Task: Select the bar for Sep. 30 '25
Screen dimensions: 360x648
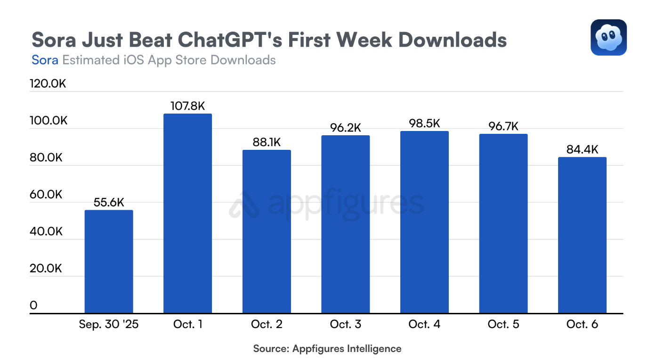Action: (x=109, y=262)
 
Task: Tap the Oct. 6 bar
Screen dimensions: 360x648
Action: (x=582, y=235)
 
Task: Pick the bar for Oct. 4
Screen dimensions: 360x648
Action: (x=424, y=222)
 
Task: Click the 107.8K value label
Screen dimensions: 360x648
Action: (x=187, y=106)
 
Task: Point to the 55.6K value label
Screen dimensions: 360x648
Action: (x=109, y=203)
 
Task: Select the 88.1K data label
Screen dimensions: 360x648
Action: (x=267, y=142)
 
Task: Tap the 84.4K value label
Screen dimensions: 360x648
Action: (x=582, y=150)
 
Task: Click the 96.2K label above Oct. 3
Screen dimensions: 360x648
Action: (x=345, y=128)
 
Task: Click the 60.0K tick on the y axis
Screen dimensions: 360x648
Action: (x=46, y=195)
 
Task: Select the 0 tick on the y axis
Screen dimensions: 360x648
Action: (x=33, y=305)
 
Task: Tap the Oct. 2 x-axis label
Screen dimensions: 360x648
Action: (x=267, y=325)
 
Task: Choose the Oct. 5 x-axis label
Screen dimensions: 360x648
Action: (x=503, y=325)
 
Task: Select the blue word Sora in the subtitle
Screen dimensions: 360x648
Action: (x=45, y=60)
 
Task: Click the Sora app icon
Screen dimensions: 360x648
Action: (x=608, y=37)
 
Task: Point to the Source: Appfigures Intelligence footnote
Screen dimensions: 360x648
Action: (x=327, y=349)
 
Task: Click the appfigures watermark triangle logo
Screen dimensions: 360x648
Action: (x=244, y=205)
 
